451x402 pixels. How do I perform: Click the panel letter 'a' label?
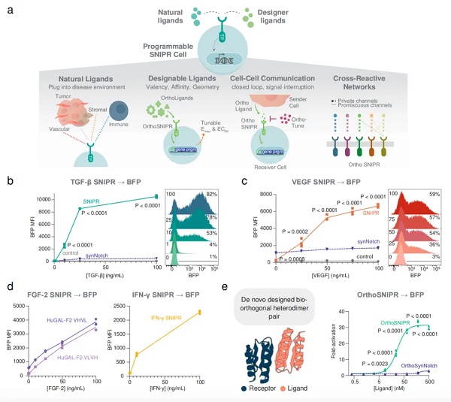point(9,11)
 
